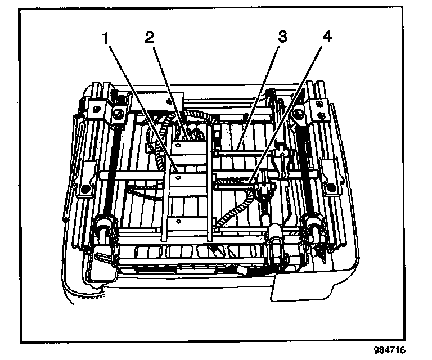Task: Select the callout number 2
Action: pos(149,38)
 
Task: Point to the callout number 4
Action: pos(326,38)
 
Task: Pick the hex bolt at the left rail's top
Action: pos(120,115)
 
